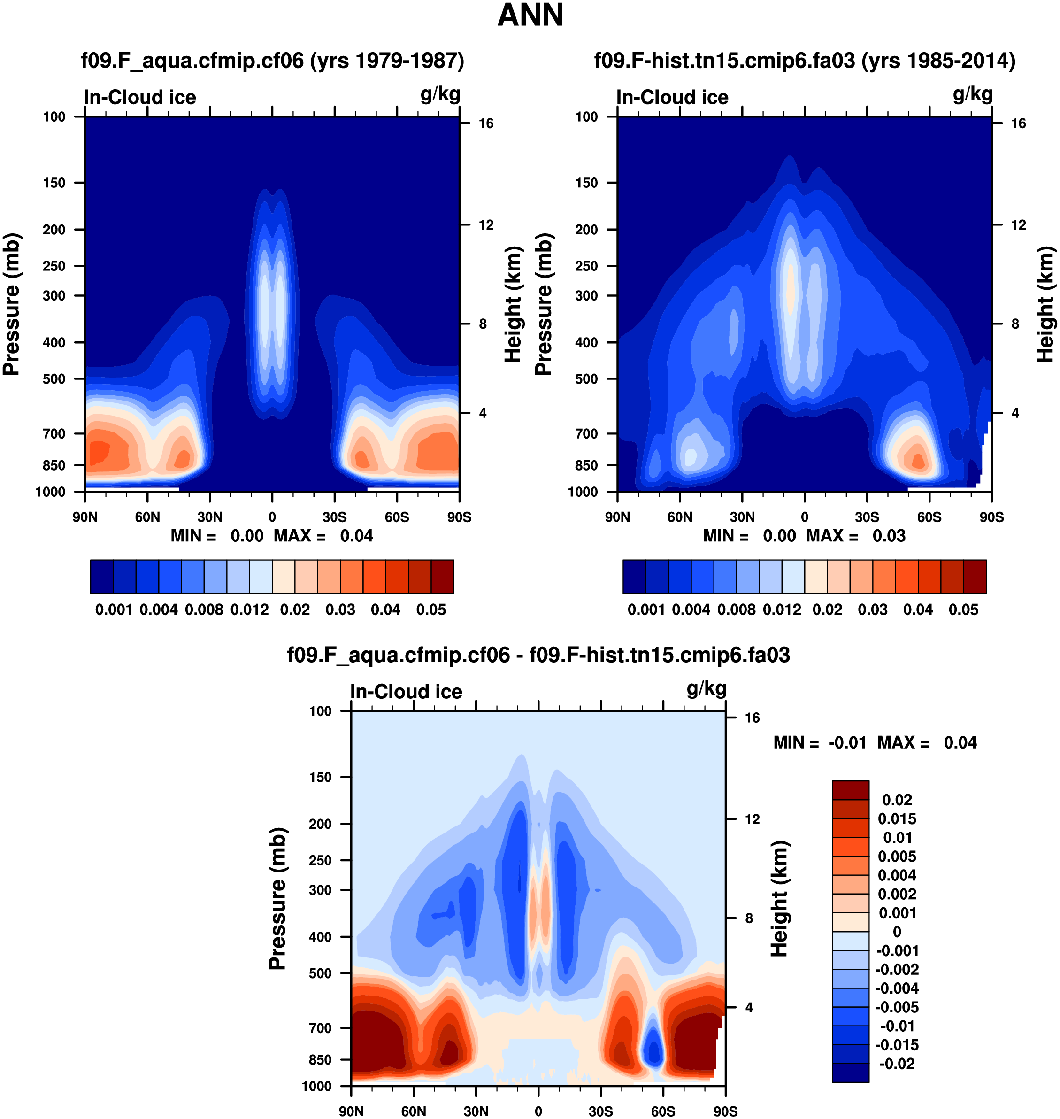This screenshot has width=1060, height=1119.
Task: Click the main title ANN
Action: coord(530,15)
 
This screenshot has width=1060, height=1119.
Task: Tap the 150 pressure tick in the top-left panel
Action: coord(54,183)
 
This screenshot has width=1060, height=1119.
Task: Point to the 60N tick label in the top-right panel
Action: coord(680,517)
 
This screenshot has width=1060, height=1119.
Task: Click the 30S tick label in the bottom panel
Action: coord(600,1111)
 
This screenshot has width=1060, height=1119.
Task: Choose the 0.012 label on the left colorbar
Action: coord(250,610)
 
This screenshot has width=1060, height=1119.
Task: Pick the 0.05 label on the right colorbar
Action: coord(963,610)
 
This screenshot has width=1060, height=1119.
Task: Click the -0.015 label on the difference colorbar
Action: coord(897,1045)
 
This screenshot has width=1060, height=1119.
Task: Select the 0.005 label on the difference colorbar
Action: coord(897,857)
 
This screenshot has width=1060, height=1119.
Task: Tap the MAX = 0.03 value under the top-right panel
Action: coord(856,536)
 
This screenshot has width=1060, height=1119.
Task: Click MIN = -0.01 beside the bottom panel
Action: coord(820,742)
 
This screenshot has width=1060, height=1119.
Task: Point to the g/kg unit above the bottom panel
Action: coord(707,688)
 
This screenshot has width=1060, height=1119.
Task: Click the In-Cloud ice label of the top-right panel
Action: coord(672,97)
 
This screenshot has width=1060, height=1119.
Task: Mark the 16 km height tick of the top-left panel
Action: coord(486,123)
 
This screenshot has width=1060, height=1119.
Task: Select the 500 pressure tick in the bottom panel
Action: coord(320,973)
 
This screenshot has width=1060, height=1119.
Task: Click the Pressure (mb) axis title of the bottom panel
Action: coord(277,899)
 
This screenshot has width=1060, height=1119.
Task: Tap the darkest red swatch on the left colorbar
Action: coord(442,577)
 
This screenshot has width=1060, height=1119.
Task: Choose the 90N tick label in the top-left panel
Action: coord(85,517)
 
